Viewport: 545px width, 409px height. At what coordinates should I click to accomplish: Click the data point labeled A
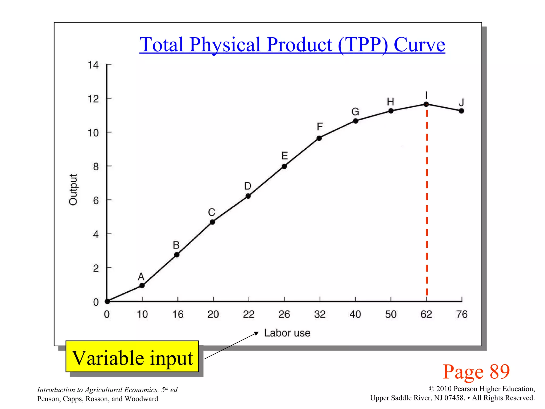click(142, 285)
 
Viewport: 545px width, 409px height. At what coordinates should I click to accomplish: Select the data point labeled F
click(319, 138)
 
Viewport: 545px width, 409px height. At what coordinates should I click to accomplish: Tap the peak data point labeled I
click(426, 104)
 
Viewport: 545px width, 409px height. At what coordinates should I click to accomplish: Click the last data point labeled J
click(461, 111)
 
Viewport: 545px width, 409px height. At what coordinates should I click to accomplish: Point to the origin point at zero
click(107, 301)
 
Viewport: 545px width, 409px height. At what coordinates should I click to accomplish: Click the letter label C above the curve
click(212, 212)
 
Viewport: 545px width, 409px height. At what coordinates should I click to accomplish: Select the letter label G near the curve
click(355, 112)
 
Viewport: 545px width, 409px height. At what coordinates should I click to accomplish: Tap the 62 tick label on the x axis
click(426, 314)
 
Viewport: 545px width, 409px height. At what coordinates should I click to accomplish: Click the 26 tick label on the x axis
click(284, 314)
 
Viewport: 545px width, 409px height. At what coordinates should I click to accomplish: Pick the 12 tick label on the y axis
click(93, 99)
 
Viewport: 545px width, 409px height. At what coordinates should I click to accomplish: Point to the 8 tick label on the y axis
click(96, 167)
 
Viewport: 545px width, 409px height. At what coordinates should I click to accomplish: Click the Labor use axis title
click(287, 333)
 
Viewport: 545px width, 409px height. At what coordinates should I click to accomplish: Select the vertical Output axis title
click(73, 189)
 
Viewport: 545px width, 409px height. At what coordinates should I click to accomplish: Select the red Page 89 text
click(476, 371)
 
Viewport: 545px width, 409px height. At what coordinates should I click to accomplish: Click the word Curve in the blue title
click(419, 44)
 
